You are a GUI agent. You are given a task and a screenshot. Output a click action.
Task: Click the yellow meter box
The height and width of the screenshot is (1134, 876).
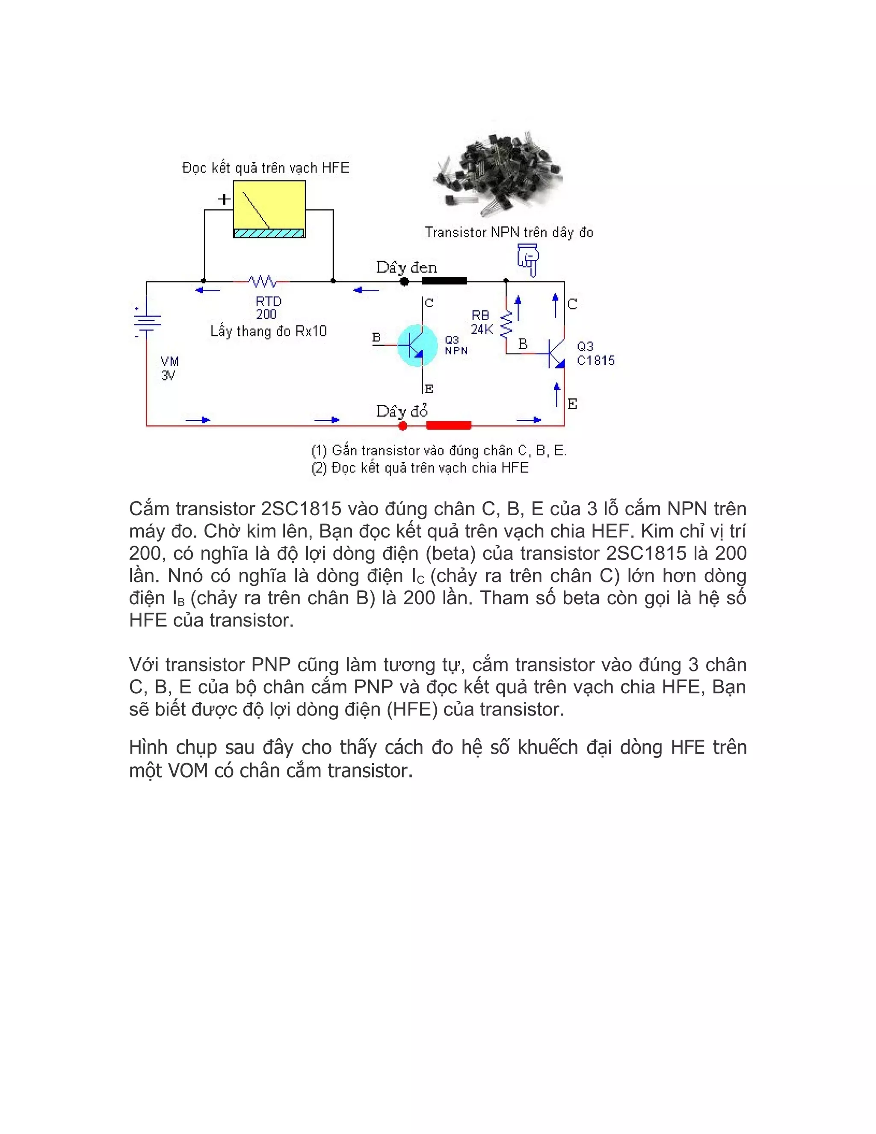[x=269, y=209]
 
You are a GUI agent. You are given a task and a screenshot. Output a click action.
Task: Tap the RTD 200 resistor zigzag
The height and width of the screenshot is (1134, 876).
[x=262, y=282]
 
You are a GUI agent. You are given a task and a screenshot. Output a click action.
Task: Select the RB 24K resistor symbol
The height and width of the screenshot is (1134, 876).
[x=506, y=323]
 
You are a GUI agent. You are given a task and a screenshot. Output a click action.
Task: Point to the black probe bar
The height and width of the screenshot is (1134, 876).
[x=444, y=281]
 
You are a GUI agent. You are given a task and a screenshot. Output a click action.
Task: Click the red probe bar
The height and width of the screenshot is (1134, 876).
[x=448, y=426]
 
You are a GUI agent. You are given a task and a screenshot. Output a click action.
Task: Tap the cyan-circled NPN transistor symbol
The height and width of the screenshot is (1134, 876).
[x=417, y=345]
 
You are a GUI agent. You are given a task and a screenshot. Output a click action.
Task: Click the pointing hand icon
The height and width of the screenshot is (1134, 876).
[x=528, y=260]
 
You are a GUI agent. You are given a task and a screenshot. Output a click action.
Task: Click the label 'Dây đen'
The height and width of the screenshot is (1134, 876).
[x=406, y=267]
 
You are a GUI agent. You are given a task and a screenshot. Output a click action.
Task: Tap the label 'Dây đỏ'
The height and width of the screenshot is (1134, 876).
[x=402, y=411]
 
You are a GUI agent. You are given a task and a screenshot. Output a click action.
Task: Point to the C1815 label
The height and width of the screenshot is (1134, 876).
[x=596, y=360]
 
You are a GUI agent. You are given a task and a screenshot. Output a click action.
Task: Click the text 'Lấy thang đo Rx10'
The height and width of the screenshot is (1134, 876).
[x=268, y=331]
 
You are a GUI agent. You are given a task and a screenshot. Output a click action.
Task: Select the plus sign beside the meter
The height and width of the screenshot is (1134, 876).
[x=224, y=199]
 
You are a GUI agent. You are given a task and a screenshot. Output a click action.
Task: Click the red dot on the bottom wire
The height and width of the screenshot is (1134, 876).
[x=402, y=426]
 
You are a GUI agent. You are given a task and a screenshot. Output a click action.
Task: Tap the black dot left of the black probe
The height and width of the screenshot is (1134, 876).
[x=404, y=282]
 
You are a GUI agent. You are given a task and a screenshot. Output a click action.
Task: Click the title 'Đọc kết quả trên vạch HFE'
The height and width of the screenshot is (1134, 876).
[x=266, y=168]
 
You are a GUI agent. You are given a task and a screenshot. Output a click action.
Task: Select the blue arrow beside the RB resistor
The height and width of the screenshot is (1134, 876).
[x=518, y=307]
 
